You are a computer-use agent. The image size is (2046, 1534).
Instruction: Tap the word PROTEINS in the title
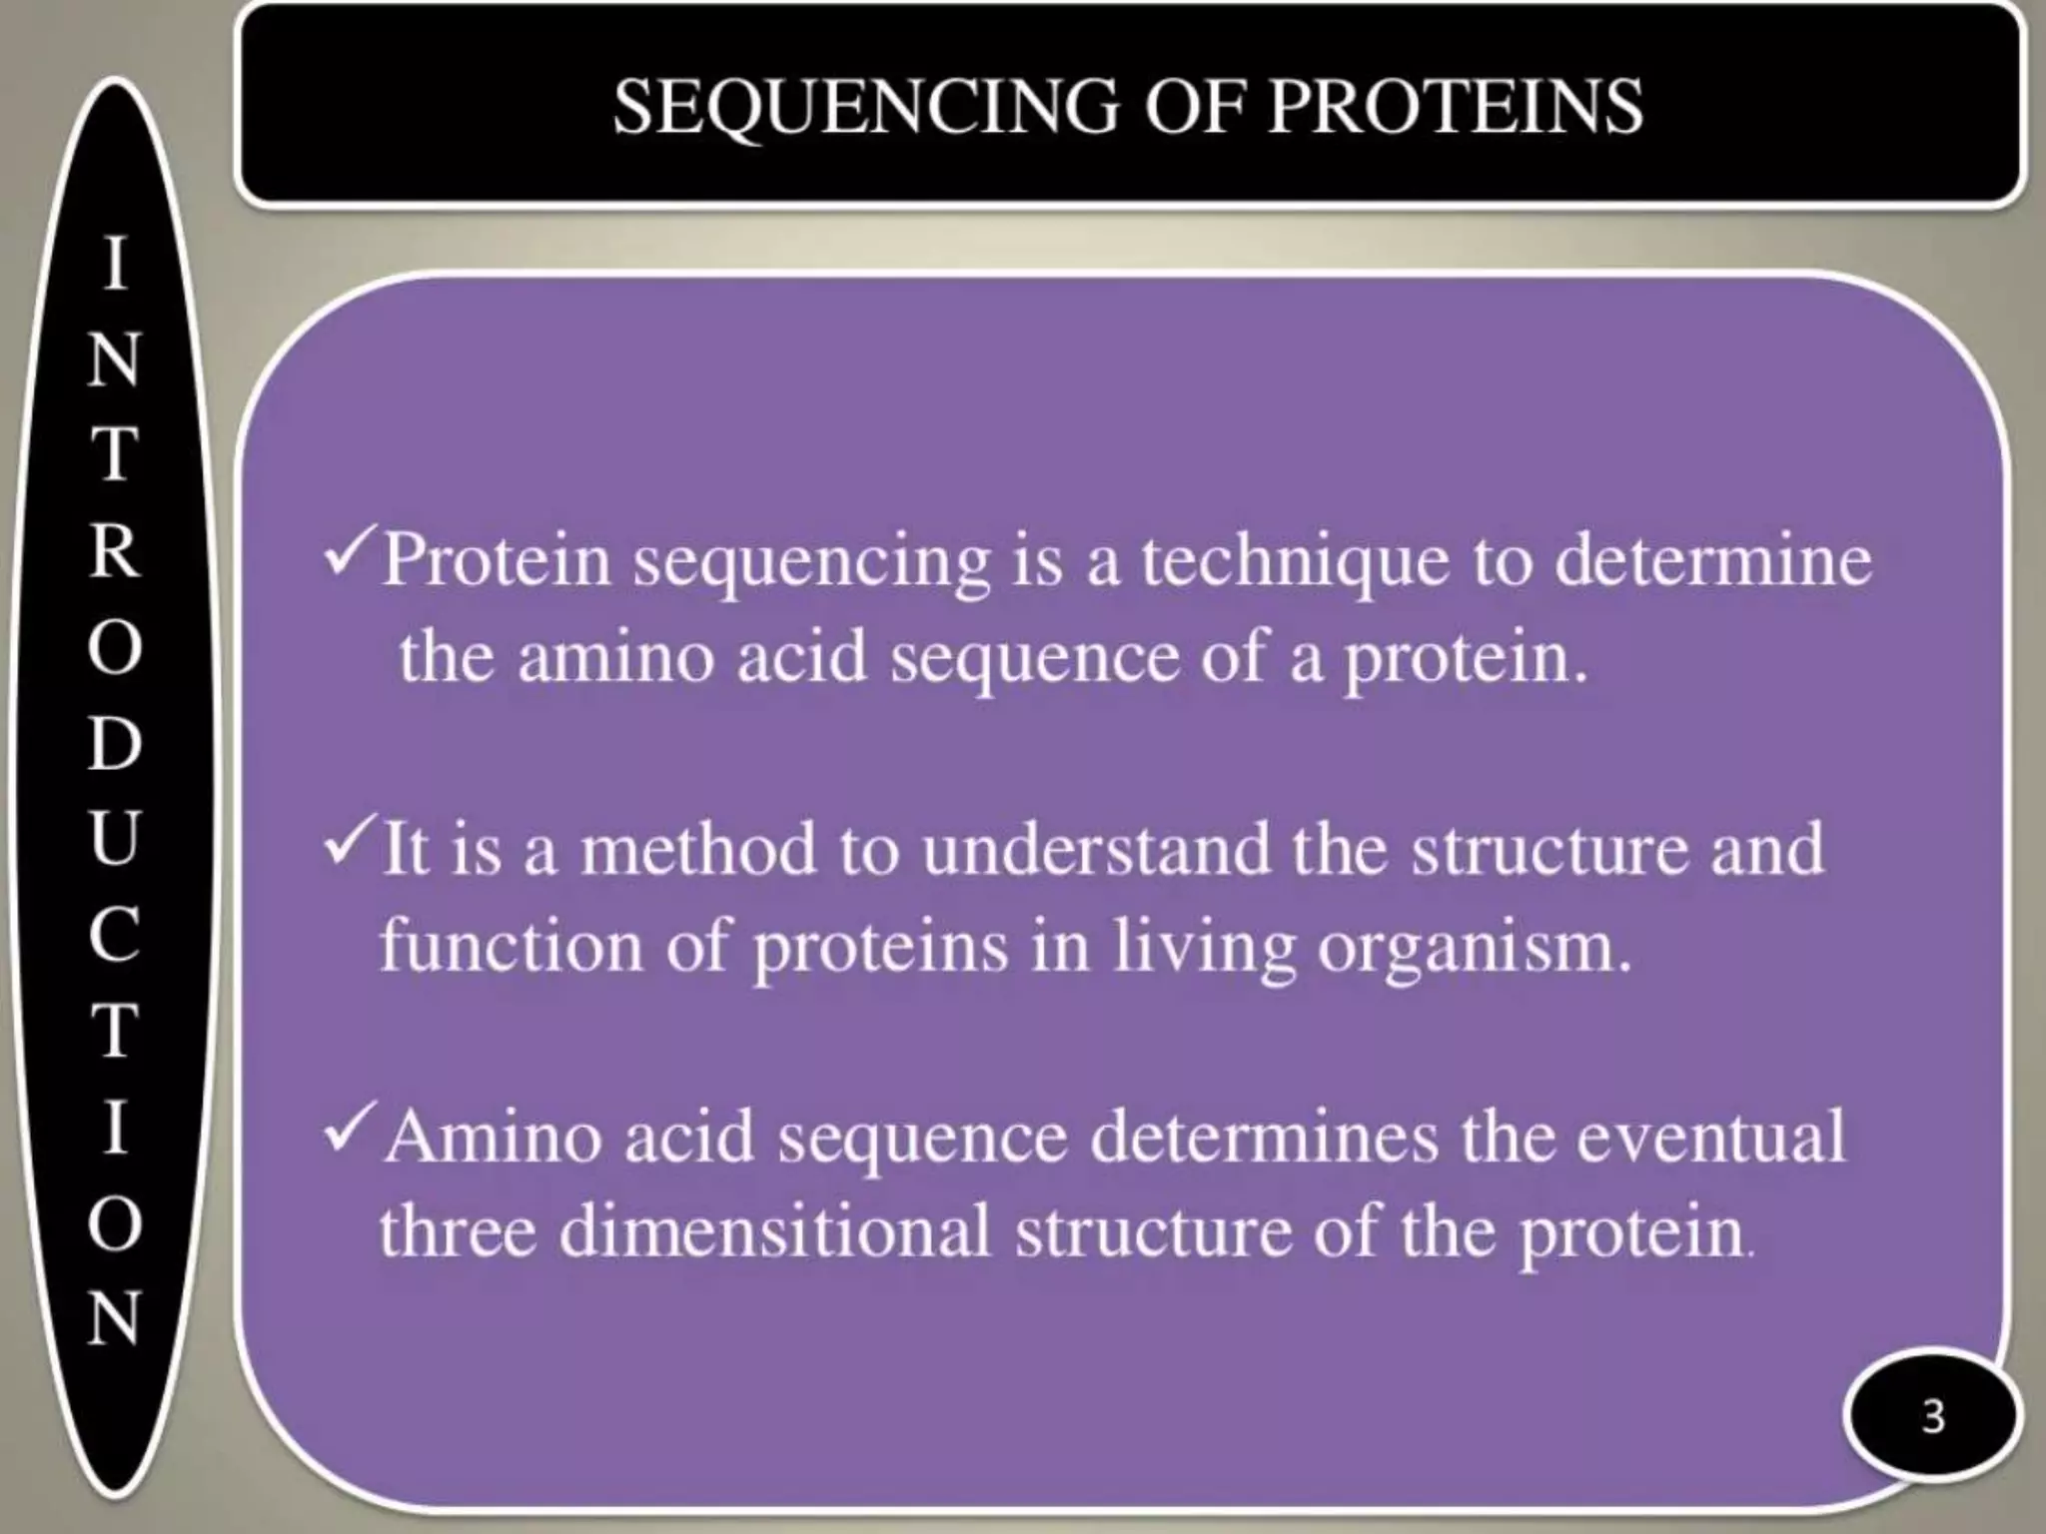(1455, 107)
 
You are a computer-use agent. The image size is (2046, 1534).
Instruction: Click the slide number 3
(1933, 1417)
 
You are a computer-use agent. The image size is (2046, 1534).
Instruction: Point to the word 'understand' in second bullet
(1096, 849)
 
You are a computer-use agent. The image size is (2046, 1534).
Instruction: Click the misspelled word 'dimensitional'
(774, 1231)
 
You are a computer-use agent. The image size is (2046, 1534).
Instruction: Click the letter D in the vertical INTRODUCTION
(115, 743)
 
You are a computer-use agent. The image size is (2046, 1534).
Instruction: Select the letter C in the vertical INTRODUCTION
(115, 935)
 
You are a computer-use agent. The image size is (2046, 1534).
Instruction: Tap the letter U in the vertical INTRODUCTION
(115, 839)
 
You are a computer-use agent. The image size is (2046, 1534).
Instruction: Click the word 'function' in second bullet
(511, 945)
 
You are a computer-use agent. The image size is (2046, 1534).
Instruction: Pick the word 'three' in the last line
(458, 1231)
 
